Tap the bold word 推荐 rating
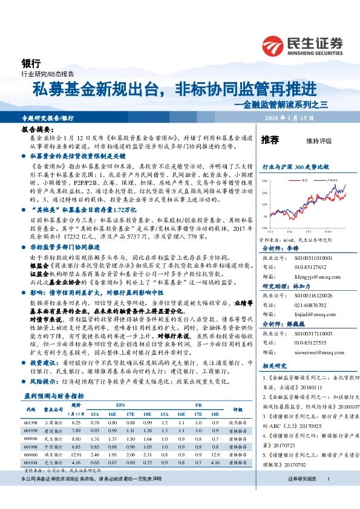(x=270, y=140)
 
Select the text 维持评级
(x=319, y=141)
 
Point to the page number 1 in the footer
(x=327, y=496)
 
